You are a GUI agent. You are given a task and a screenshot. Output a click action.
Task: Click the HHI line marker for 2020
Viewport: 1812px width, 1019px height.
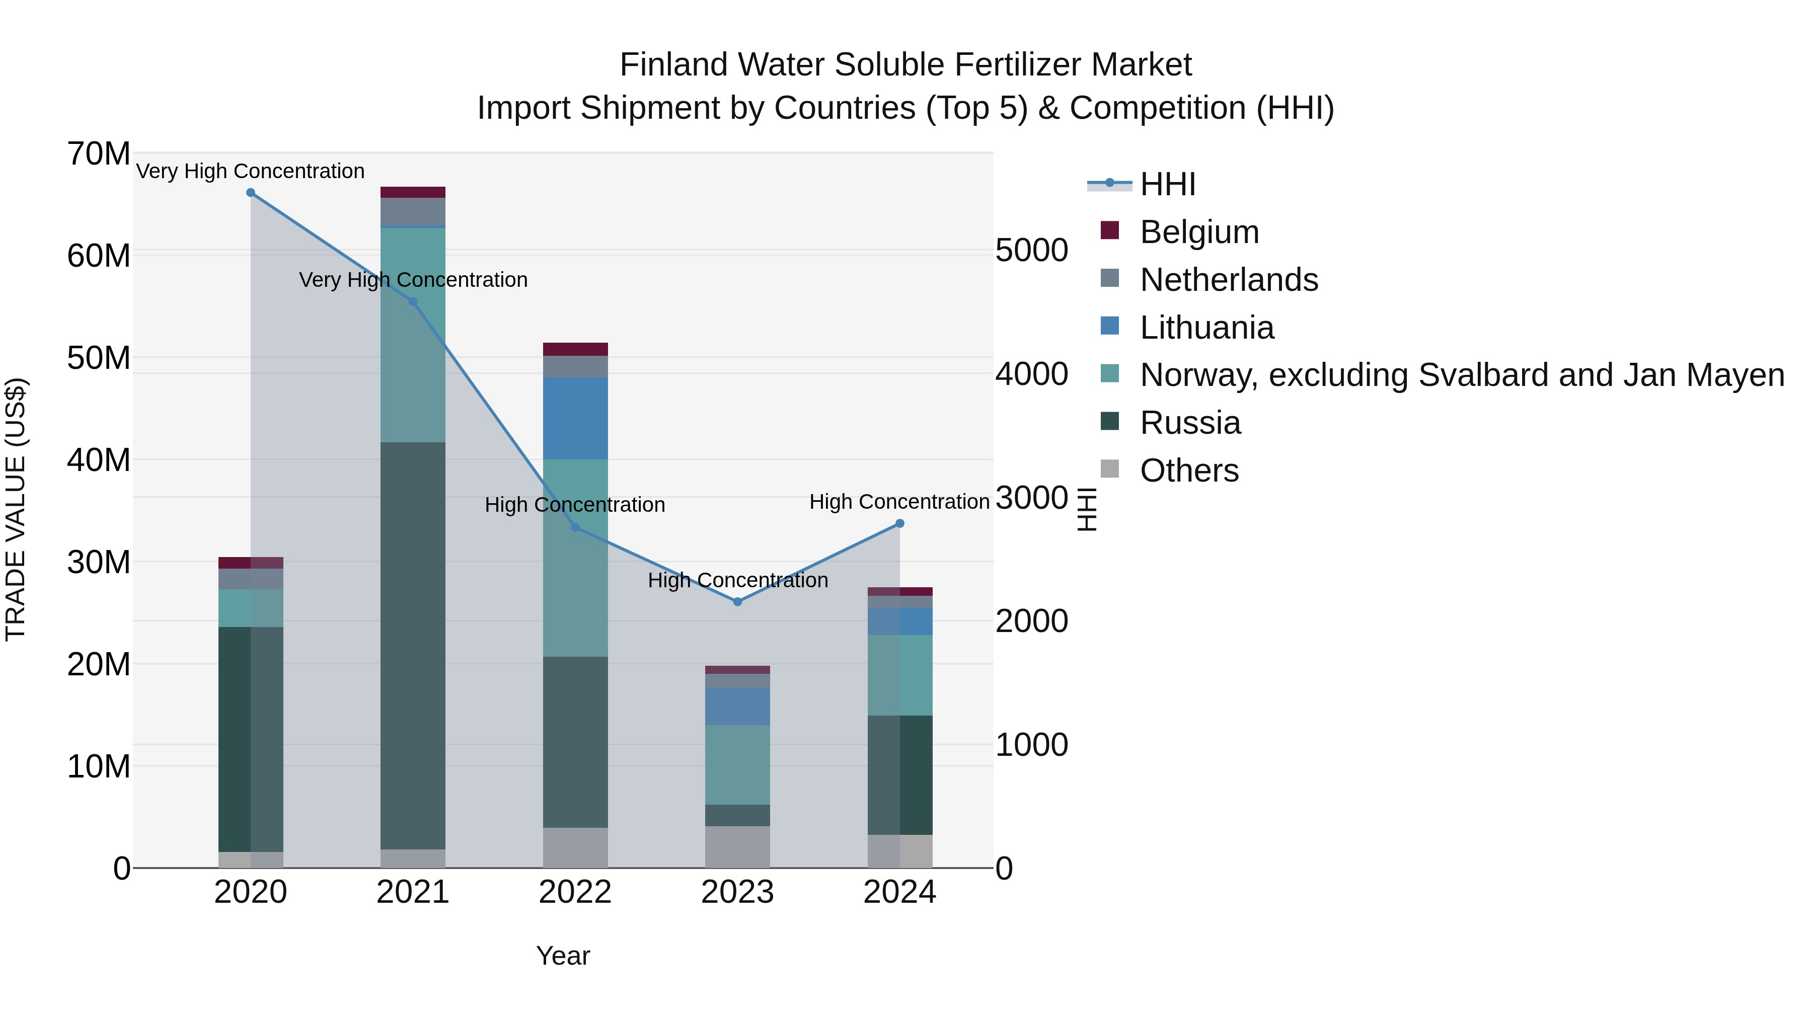pyautogui.click(x=251, y=193)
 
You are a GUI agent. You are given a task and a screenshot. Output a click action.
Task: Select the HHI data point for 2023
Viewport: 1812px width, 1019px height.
pyautogui.click(x=737, y=601)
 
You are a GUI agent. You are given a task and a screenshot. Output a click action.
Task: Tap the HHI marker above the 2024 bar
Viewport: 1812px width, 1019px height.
pyautogui.click(x=899, y=523)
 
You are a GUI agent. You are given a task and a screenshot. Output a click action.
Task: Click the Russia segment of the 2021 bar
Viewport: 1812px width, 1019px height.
pyautogui.click(x=413, y=645)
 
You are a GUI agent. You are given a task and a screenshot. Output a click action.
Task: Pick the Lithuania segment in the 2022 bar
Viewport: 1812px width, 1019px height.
pyautogui.click(x=575, y=419)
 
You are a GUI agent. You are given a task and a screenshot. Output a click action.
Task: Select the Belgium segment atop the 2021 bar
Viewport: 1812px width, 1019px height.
pyautogui.click(x=413, y=192)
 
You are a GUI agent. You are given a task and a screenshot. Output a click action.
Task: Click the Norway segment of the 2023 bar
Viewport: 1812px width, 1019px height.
pyautogui.click(x=737, y=764)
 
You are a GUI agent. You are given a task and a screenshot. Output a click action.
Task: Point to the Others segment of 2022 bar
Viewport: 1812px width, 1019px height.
pyautogui.click(x=575, y=847)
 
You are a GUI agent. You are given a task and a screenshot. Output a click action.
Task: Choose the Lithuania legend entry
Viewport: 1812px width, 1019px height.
pyautogui.click(x=1206, y=328)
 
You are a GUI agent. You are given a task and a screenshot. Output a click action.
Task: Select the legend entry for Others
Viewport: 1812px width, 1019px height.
pyautogui.click(x=1189, y=471)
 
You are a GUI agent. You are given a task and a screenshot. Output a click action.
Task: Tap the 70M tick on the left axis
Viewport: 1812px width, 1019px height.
pyautogui.click(x=99, y=154)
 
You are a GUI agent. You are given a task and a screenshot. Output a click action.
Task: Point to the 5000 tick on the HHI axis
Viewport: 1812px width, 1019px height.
pyautogui.click(x=1031, y=251)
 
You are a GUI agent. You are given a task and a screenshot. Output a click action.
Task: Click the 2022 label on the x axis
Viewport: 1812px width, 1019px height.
pyautogui.click(x=575, y=892)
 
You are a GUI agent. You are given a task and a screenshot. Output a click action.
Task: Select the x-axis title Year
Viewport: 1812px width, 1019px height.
pyautogui.click(x=563, y=956)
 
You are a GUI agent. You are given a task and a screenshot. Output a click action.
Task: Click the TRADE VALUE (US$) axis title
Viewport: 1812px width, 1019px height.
pyautogui.click(x=16, y=509)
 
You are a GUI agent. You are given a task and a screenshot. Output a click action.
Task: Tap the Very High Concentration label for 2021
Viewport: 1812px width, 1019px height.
pyautogui.click(x=413, y=280)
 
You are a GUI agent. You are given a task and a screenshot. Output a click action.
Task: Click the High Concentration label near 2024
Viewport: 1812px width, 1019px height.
pyautogui.click(x=899, y=502)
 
